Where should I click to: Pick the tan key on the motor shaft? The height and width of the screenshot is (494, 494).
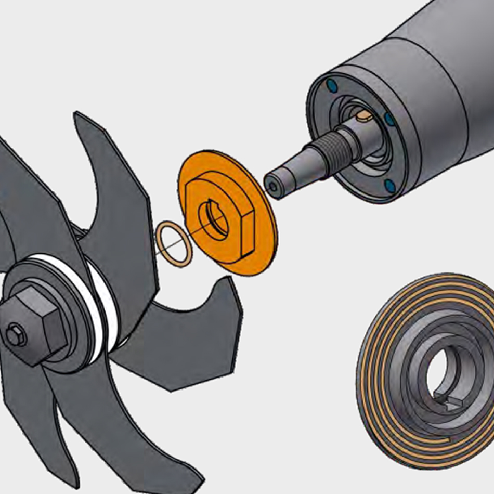(x=364, y=115)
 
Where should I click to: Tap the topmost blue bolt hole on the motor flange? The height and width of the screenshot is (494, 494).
(x=331, y=84)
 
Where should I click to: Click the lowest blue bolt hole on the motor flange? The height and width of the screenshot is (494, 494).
(x=389, y=184)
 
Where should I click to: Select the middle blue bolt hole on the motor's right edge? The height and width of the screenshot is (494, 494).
(x=389, y=119)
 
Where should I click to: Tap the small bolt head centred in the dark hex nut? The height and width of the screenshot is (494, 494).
(x=16, y=335)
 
